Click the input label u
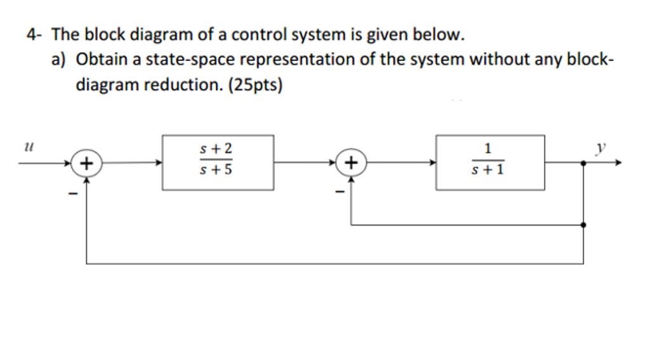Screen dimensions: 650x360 point(29,147)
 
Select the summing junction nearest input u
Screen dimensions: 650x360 point(86,163)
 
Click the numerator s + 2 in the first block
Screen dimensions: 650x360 point(216,149)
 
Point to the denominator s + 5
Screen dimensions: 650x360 point(216,170)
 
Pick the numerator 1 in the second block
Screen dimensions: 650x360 point(488,148)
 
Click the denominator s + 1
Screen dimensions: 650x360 point(488,170)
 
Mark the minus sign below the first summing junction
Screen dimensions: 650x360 point(73,193)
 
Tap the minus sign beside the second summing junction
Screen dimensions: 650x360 point(340,192)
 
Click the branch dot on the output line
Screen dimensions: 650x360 point(583,163)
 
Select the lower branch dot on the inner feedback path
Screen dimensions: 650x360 point(583,225)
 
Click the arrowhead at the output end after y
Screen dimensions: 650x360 point(618,163)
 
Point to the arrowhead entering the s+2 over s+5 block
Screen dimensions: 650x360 point(159,163)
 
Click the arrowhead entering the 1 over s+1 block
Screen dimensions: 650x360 point(432,163)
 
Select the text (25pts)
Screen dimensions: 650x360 point(255,85)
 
